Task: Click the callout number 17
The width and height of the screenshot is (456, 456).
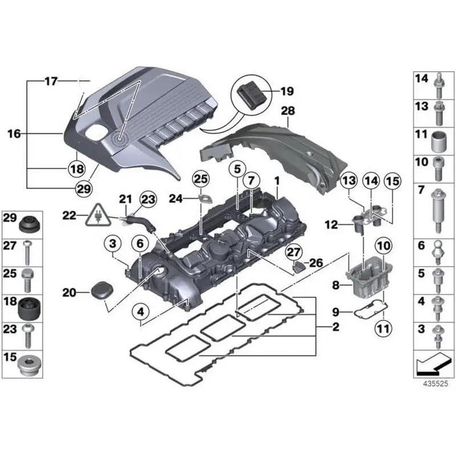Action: tap(51, 82)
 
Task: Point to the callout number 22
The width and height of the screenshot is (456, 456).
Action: tap(69, 215)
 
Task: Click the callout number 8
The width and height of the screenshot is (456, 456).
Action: tap(336, 284)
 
